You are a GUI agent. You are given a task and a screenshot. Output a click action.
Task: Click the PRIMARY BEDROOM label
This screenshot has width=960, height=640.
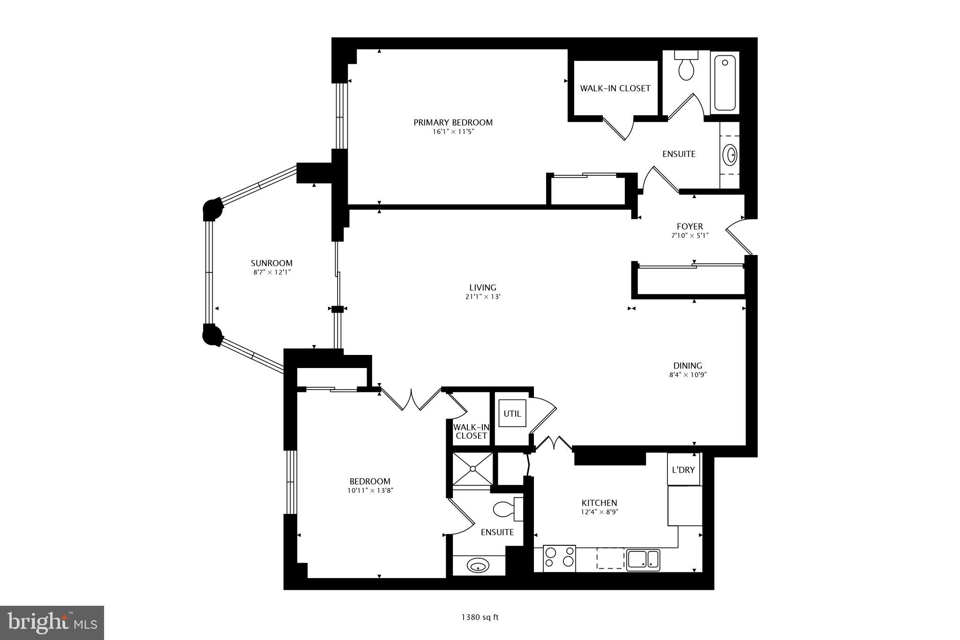click(x=453, y=122)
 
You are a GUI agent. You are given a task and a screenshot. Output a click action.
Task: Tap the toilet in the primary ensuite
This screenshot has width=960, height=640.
click(x=686, y=68)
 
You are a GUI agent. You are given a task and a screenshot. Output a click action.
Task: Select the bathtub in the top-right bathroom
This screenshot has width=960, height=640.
click(x=725, y=83)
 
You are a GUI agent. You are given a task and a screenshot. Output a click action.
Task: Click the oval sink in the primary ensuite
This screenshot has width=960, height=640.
click(x=730, y=155)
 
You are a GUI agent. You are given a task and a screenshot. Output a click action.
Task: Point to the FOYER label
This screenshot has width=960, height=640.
click(x=690, y=226)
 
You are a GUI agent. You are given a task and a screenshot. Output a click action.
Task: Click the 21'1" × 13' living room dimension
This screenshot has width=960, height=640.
click(x=482, y=297)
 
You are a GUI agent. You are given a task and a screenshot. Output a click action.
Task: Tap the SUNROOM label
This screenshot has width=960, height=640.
click(x=271, y=263)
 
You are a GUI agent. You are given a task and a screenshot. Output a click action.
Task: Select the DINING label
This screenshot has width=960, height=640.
click(x=688, y=366)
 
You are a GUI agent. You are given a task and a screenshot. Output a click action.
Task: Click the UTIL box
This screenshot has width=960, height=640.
click(x=512, y=414)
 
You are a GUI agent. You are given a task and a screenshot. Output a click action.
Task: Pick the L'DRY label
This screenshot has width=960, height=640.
click(x=683, y=469)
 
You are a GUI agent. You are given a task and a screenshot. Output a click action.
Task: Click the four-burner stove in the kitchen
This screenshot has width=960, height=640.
click(x=559, y=558)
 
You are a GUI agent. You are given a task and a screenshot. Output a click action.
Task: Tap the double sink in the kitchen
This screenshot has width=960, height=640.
click(x=643, y=559)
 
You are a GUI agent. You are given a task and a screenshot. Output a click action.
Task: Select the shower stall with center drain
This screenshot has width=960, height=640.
click(x=472, y=468)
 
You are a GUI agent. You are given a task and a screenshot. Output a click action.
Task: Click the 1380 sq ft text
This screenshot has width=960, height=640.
click(x=480, y=617)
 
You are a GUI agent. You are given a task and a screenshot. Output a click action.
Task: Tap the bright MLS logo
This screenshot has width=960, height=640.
click(x=52, y=623)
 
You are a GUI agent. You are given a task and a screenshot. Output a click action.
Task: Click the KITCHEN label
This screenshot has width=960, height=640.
click(x=599, y=503)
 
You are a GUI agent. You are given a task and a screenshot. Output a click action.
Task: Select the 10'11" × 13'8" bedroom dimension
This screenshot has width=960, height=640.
click(x=370, y=491)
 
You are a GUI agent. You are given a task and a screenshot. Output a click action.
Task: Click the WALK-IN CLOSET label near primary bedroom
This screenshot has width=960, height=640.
click(x=615, y=88)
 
